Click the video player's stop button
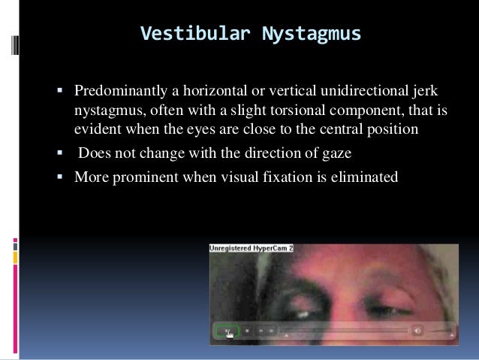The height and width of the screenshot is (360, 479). click(246, 330)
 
